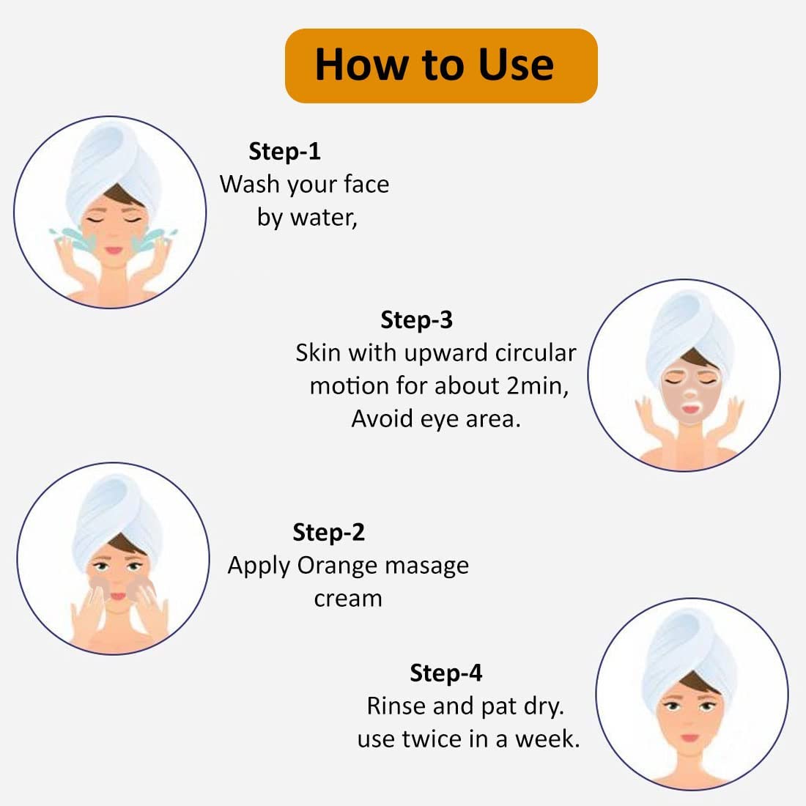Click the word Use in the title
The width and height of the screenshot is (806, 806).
[516, 64]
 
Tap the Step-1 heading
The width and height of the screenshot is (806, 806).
[285, 151]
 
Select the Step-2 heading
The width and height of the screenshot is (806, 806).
[329, 532]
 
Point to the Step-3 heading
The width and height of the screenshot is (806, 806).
[417, 319]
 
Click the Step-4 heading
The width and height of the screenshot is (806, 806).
[446, 673]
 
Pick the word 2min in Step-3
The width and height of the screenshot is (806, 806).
[537, 386]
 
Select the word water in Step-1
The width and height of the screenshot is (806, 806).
[324, 218]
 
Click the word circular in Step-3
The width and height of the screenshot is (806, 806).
[536, 353]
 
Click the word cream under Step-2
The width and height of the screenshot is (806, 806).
[348, 599]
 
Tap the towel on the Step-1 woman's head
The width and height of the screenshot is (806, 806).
[111, 164]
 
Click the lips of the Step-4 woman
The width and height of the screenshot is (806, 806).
[690, 738]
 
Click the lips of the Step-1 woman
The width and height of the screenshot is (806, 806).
[114, 251]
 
